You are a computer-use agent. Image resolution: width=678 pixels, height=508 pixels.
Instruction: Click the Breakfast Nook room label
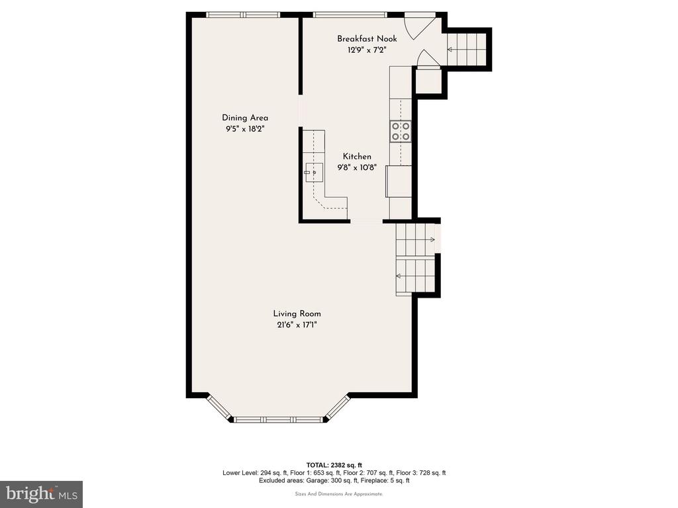coord(367,39)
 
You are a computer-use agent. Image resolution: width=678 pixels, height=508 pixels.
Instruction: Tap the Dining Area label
coord(245,118)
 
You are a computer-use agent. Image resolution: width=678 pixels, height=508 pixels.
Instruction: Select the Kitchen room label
coord(357,156)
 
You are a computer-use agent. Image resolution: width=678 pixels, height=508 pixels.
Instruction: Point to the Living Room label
coord(297,314)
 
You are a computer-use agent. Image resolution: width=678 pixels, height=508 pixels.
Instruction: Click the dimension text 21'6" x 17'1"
coord(297,325)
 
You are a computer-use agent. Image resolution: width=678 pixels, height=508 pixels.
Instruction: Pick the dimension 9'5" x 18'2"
coord(245,129)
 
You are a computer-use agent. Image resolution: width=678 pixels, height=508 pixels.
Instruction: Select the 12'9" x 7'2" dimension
coord(367,50)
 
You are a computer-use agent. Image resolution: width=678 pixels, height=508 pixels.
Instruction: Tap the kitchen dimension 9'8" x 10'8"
coord(357,167)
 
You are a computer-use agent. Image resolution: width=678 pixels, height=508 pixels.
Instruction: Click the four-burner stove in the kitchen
coord(401,132)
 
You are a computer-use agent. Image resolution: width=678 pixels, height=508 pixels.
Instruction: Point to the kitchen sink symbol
coord(313,173)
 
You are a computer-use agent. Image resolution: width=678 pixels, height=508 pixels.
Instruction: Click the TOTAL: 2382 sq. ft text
coord(334,465)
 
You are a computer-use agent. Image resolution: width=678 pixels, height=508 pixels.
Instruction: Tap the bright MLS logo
coord(42,493)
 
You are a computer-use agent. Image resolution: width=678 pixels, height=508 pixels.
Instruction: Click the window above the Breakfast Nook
coord(350,15)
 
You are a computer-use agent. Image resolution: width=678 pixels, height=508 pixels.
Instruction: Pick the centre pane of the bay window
coord(277,419)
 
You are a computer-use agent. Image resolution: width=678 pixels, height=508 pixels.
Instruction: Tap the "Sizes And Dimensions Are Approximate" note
coord(339,493)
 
